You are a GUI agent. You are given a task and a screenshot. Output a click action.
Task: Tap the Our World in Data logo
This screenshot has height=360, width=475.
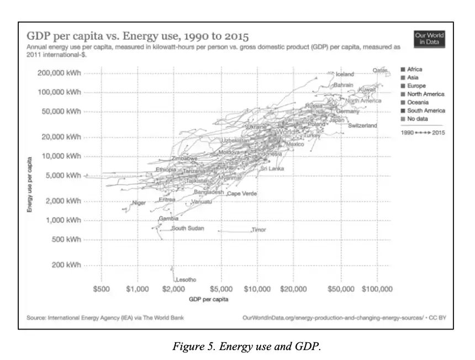[x=429, y=39]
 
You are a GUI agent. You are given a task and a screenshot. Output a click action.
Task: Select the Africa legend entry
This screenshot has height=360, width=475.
[x=414, y=70]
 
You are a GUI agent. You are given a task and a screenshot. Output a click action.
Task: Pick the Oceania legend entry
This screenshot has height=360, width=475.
[x=417, y=103]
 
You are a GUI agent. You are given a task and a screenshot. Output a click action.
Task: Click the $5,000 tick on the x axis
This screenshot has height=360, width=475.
[x=222, y=289]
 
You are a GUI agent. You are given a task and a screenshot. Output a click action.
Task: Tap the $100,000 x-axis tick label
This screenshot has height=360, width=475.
[x=377, y=289]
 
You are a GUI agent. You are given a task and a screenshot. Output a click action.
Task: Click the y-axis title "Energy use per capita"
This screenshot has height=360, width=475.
[x=30, y=183]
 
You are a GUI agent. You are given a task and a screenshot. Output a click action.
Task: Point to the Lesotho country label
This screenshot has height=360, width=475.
[x=186, y=280]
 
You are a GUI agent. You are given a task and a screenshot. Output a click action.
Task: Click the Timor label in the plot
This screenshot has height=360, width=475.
[x=258, y=230]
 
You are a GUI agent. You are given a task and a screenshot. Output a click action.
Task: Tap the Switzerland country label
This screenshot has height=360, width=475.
[x=362, y=126]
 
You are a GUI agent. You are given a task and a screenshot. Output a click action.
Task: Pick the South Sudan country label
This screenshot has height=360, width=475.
[x=187, y=229]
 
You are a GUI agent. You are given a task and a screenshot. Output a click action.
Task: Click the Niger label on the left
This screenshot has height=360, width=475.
[x=139, y=203]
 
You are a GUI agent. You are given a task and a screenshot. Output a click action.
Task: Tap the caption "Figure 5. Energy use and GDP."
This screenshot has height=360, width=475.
[x=246, y=346]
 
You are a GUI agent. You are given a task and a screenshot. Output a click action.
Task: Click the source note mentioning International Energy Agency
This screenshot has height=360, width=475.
[x=105, y=317]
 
